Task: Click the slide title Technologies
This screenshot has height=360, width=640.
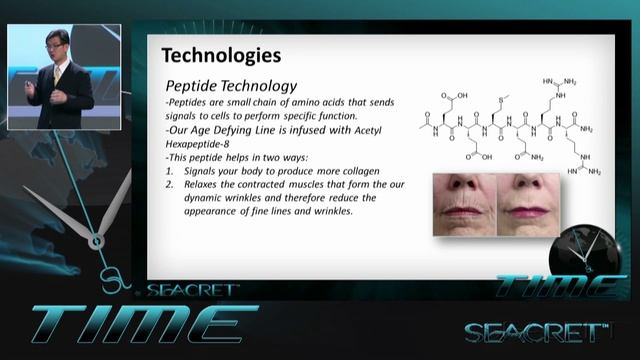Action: click(221, 54)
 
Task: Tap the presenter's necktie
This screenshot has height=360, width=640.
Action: click(57, 78)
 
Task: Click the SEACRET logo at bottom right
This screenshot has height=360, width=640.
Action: click(536, 332)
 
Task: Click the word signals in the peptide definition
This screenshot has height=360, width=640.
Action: click(186, 116)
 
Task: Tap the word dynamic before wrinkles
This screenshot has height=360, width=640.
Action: click(208, 197)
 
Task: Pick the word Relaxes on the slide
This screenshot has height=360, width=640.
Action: click(205, 184)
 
